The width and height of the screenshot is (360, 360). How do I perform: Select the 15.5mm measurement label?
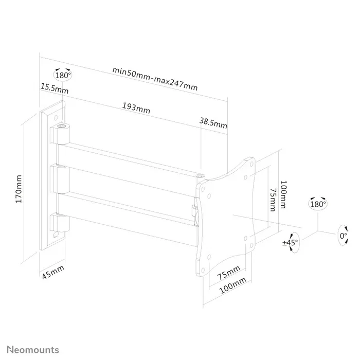click(x=55, y=88)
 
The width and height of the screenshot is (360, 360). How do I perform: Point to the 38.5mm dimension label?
click(x=213, y=123)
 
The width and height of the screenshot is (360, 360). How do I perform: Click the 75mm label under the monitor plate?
click(x=228, y=274)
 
